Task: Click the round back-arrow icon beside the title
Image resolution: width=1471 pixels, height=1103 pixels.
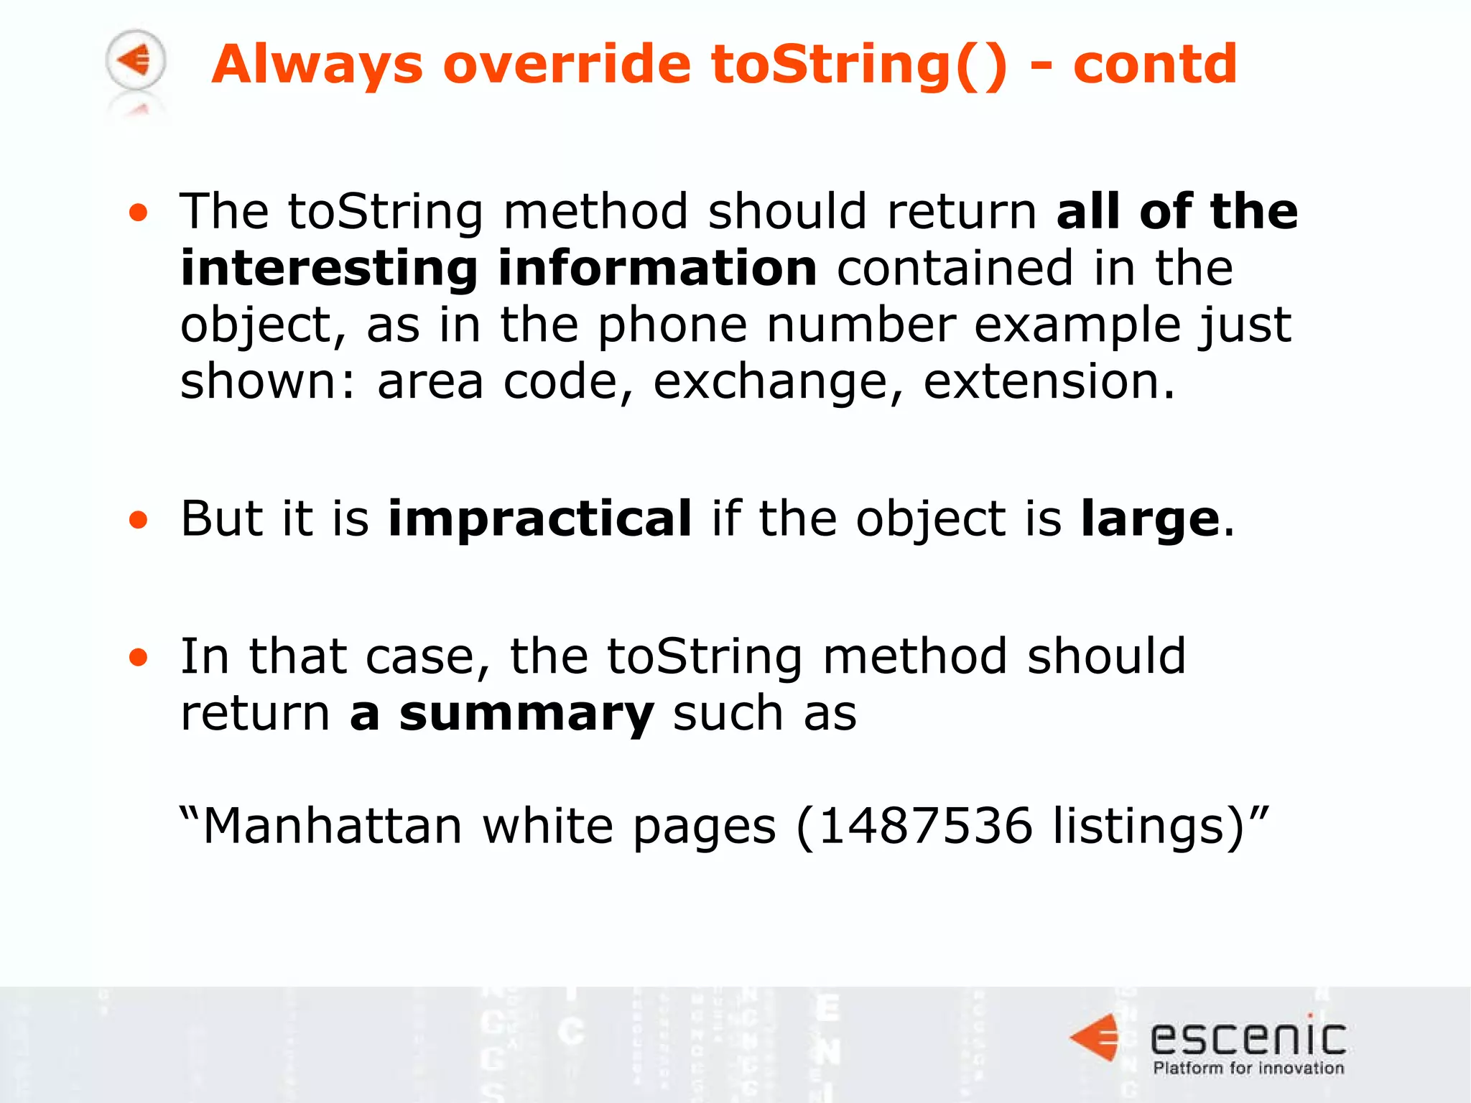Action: (x=136, y=60)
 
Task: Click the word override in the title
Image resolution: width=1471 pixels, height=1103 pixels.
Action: (x=567, y=64)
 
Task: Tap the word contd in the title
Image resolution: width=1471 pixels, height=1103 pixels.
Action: (x=1155, y=64)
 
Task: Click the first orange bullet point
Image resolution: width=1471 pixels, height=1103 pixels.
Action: (x=139, y=213)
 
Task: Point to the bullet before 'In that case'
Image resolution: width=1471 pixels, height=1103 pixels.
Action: (x=139, y=657)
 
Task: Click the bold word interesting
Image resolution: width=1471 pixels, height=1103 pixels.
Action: (x=329, y=269)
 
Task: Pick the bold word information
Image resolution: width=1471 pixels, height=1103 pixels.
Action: (x=657, y=269)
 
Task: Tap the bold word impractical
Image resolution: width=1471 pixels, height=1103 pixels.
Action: (x=540, y=518)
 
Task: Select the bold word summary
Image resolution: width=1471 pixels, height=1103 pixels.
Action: (x=526, y=715)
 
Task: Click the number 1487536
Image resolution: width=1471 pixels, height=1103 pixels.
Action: (x=925, y=826)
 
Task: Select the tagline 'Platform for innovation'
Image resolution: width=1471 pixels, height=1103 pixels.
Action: (x=1248, y=1069)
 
